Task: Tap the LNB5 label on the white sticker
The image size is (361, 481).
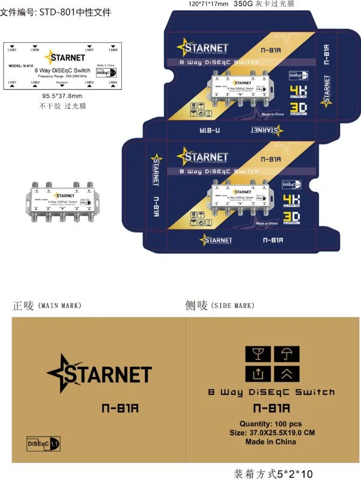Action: (13, 49)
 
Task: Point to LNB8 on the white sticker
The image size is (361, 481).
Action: (114, 49)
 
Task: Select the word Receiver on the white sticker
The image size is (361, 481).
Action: (62, 82)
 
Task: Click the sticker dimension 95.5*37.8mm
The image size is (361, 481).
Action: (62, 96)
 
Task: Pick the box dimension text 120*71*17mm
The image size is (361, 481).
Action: (208, 4)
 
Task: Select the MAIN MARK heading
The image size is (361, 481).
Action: (59, 306)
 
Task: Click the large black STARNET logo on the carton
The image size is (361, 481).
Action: (99, 373)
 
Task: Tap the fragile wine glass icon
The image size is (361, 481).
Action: (257, 354)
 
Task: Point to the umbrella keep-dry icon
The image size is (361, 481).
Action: (286, 354)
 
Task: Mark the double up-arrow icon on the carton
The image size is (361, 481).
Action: (286, 374)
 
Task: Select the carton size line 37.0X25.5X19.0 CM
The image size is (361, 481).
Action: (272, 432)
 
